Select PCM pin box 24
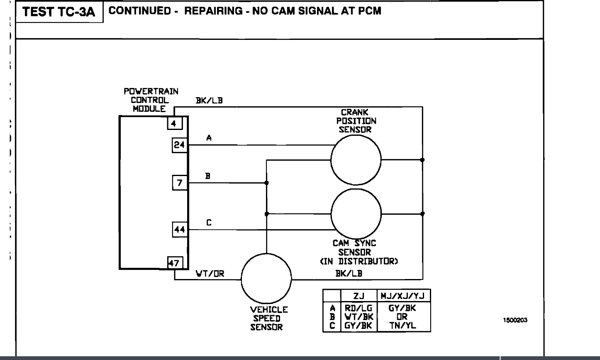pyautogui.click(x=180, y=145)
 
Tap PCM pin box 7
pyautogui.click(x=180, y=183)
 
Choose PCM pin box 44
pyautogui.click(x=180, y=229)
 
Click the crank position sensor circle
pyautogui.click(x=356, y=160)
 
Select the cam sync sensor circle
pyautogui.click(x=356, y=213)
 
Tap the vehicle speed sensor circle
pyautogui.click(x=266, y=279)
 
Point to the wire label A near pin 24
pyautogui.click(x=209, y=138)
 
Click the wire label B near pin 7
pyautogui.click(x=208, y=176)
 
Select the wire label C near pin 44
pyautogui.click(x=209, y=223)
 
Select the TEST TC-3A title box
pyautogui.click(x=59, y=12)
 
